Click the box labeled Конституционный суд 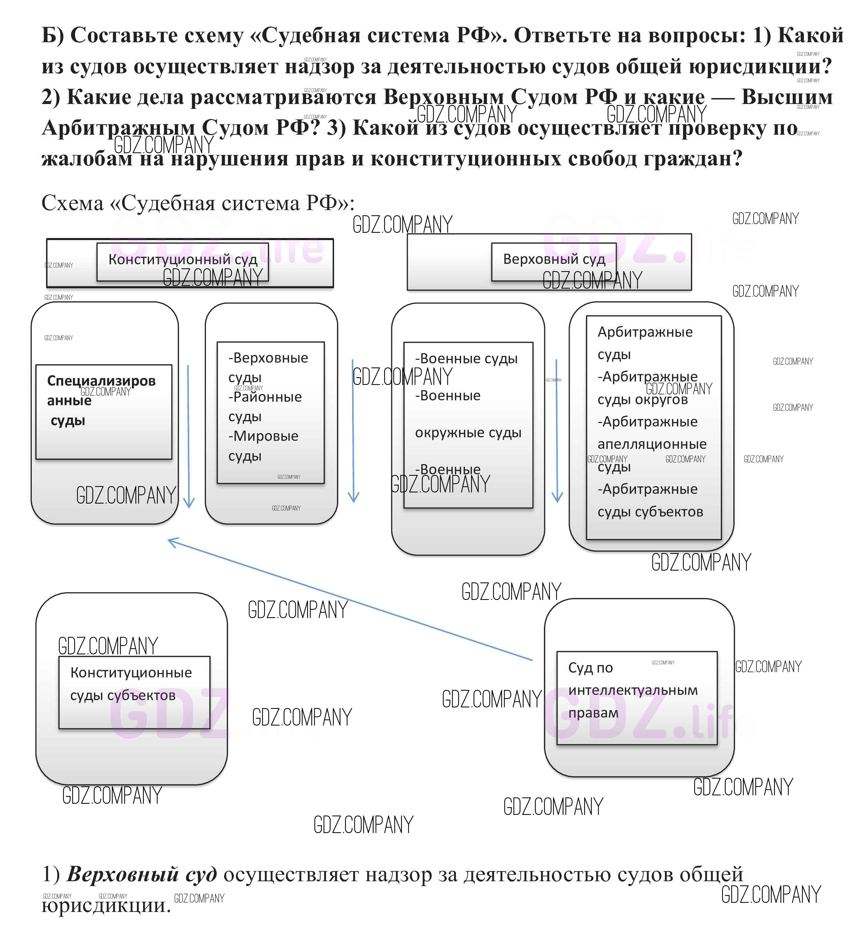(183, 261)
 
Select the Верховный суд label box (554, 261)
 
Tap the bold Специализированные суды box (103, 411)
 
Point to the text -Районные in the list (265, 397)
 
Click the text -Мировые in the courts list (263, 436)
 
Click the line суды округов (643, 400)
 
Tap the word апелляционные (652, 444)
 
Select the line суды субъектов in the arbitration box (650, 512)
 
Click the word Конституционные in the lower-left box (131, 673)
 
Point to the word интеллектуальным (633, 691)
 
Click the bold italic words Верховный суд (142, 875)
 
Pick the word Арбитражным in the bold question (118, 128)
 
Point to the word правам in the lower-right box (593, 713)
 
